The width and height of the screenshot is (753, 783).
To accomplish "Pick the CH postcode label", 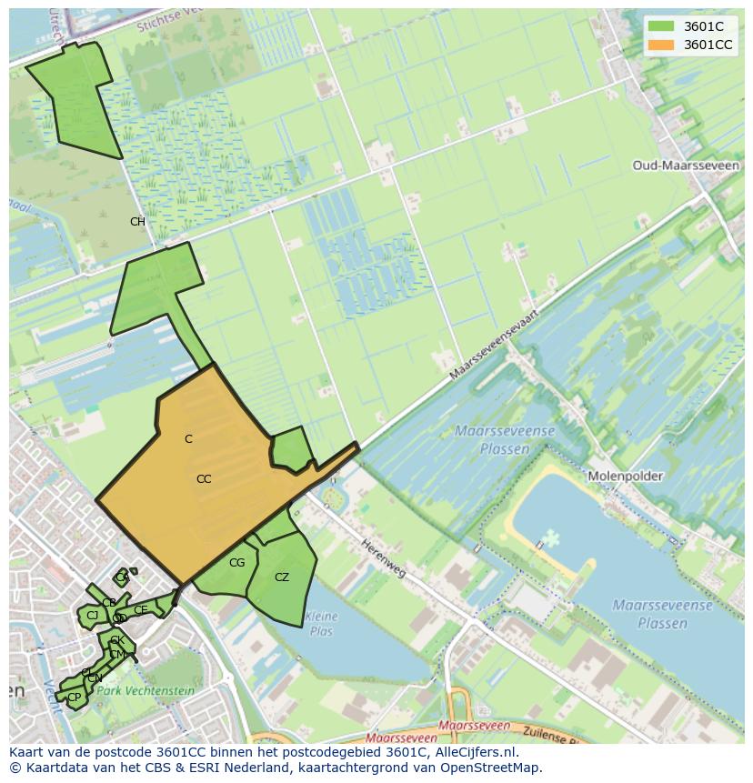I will point(137,222).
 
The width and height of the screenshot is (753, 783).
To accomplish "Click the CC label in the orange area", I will point(204,479).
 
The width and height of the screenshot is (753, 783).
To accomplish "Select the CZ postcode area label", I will point(282,577).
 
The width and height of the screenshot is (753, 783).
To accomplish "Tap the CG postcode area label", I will point(236,563).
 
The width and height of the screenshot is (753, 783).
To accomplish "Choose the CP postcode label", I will point(75,698).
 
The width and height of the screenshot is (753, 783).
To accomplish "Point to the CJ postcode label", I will point(92,616).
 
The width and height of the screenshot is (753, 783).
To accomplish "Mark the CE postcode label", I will point(140,609).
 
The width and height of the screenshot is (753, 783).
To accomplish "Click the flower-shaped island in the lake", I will point(549,539).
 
